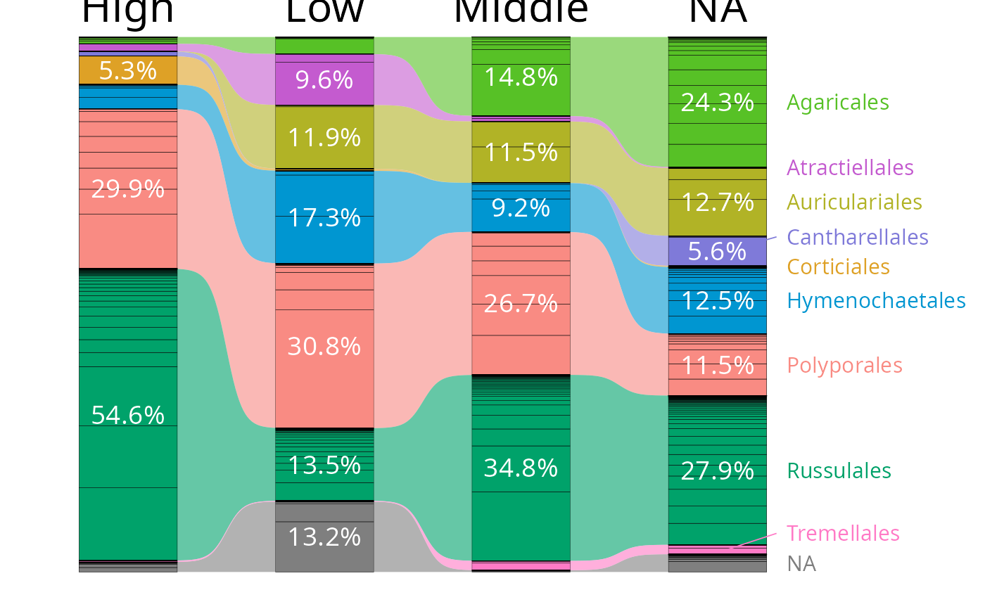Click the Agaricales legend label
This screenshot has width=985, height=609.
point(837,103)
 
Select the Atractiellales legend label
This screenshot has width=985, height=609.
point(850,167)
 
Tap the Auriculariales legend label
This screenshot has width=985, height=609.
point(854,203)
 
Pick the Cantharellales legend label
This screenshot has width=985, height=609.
point(858,237)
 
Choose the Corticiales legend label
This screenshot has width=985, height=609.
point(838,267)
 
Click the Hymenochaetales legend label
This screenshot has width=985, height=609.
point(876,301)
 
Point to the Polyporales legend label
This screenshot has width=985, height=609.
point(844,366)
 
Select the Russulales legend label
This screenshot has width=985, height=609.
point(839,470)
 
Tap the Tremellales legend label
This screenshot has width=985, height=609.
point(843,533)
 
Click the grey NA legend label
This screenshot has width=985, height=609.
point(801,564)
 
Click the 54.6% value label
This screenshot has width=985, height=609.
point(127,416)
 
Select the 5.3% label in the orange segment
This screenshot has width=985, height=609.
point(127,70)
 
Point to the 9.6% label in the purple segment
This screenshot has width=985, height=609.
point(324,80)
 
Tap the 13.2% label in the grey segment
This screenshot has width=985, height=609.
point(324,537)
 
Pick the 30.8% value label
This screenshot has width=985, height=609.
point(324,346)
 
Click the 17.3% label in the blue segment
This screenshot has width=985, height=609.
point(324,218)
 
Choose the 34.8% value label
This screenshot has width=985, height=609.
point(521,468)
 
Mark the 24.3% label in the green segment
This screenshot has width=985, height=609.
point(717,103)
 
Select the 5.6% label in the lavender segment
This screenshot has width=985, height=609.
point(717,251)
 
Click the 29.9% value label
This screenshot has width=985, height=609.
point(127,189)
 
